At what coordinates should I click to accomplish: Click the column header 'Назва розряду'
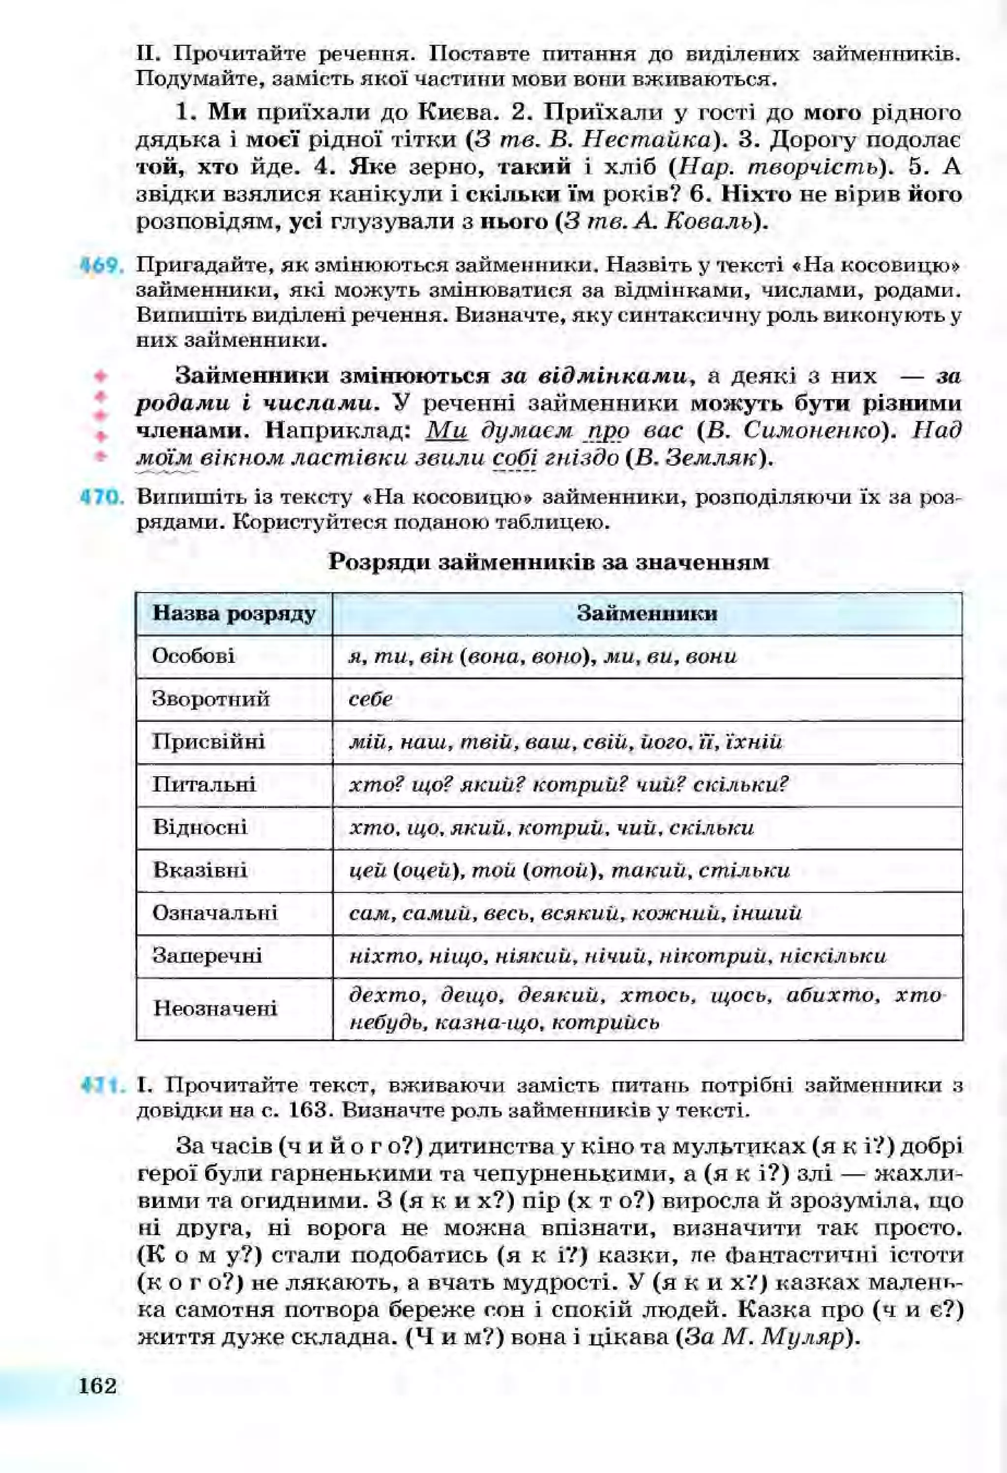[234, 614]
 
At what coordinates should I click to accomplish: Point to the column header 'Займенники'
[648, 614]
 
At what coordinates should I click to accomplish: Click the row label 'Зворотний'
[210, 699]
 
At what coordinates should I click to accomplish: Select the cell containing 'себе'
[371, 699]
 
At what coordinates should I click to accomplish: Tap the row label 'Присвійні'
[208, 741]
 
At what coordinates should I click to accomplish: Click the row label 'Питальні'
[204, 785]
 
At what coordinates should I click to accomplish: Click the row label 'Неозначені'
[215, 1008]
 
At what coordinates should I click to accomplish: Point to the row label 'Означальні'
[215, 913]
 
